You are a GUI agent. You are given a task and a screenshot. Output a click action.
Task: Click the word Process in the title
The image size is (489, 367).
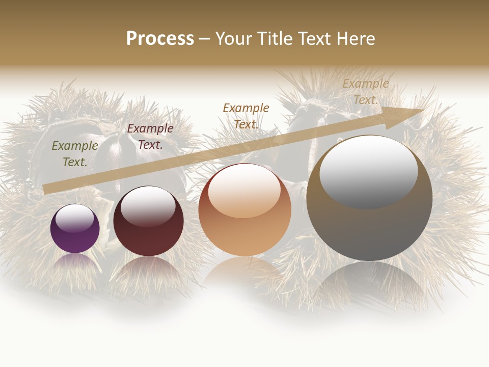click(160, 39)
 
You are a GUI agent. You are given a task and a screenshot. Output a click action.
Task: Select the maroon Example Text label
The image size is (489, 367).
click(150, 137)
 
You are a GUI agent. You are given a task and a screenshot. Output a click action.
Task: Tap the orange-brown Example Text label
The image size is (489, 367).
click(246, 116)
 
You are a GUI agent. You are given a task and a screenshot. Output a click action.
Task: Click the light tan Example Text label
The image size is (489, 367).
click(365, 92)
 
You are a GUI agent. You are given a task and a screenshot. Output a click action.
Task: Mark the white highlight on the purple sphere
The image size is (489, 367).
click(74, 217)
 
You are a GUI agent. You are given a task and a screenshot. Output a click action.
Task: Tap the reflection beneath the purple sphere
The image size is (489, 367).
click(75, 263)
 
